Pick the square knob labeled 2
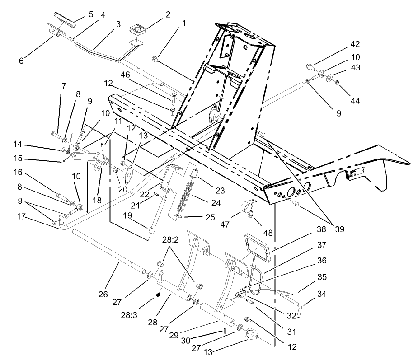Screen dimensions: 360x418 click(x=136, y=31)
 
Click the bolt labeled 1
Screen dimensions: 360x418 click(x=156, y=59)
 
